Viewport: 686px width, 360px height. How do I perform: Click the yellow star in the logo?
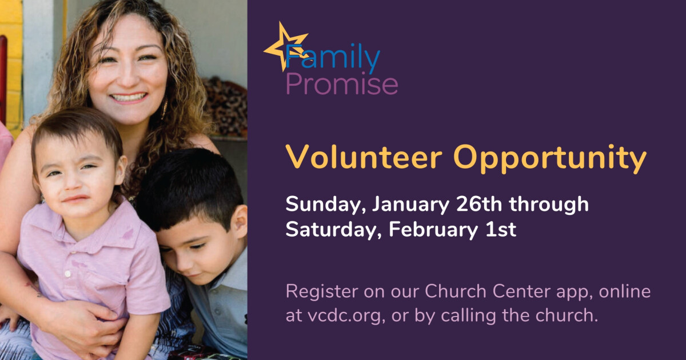284,44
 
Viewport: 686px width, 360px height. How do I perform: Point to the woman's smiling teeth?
128,98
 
